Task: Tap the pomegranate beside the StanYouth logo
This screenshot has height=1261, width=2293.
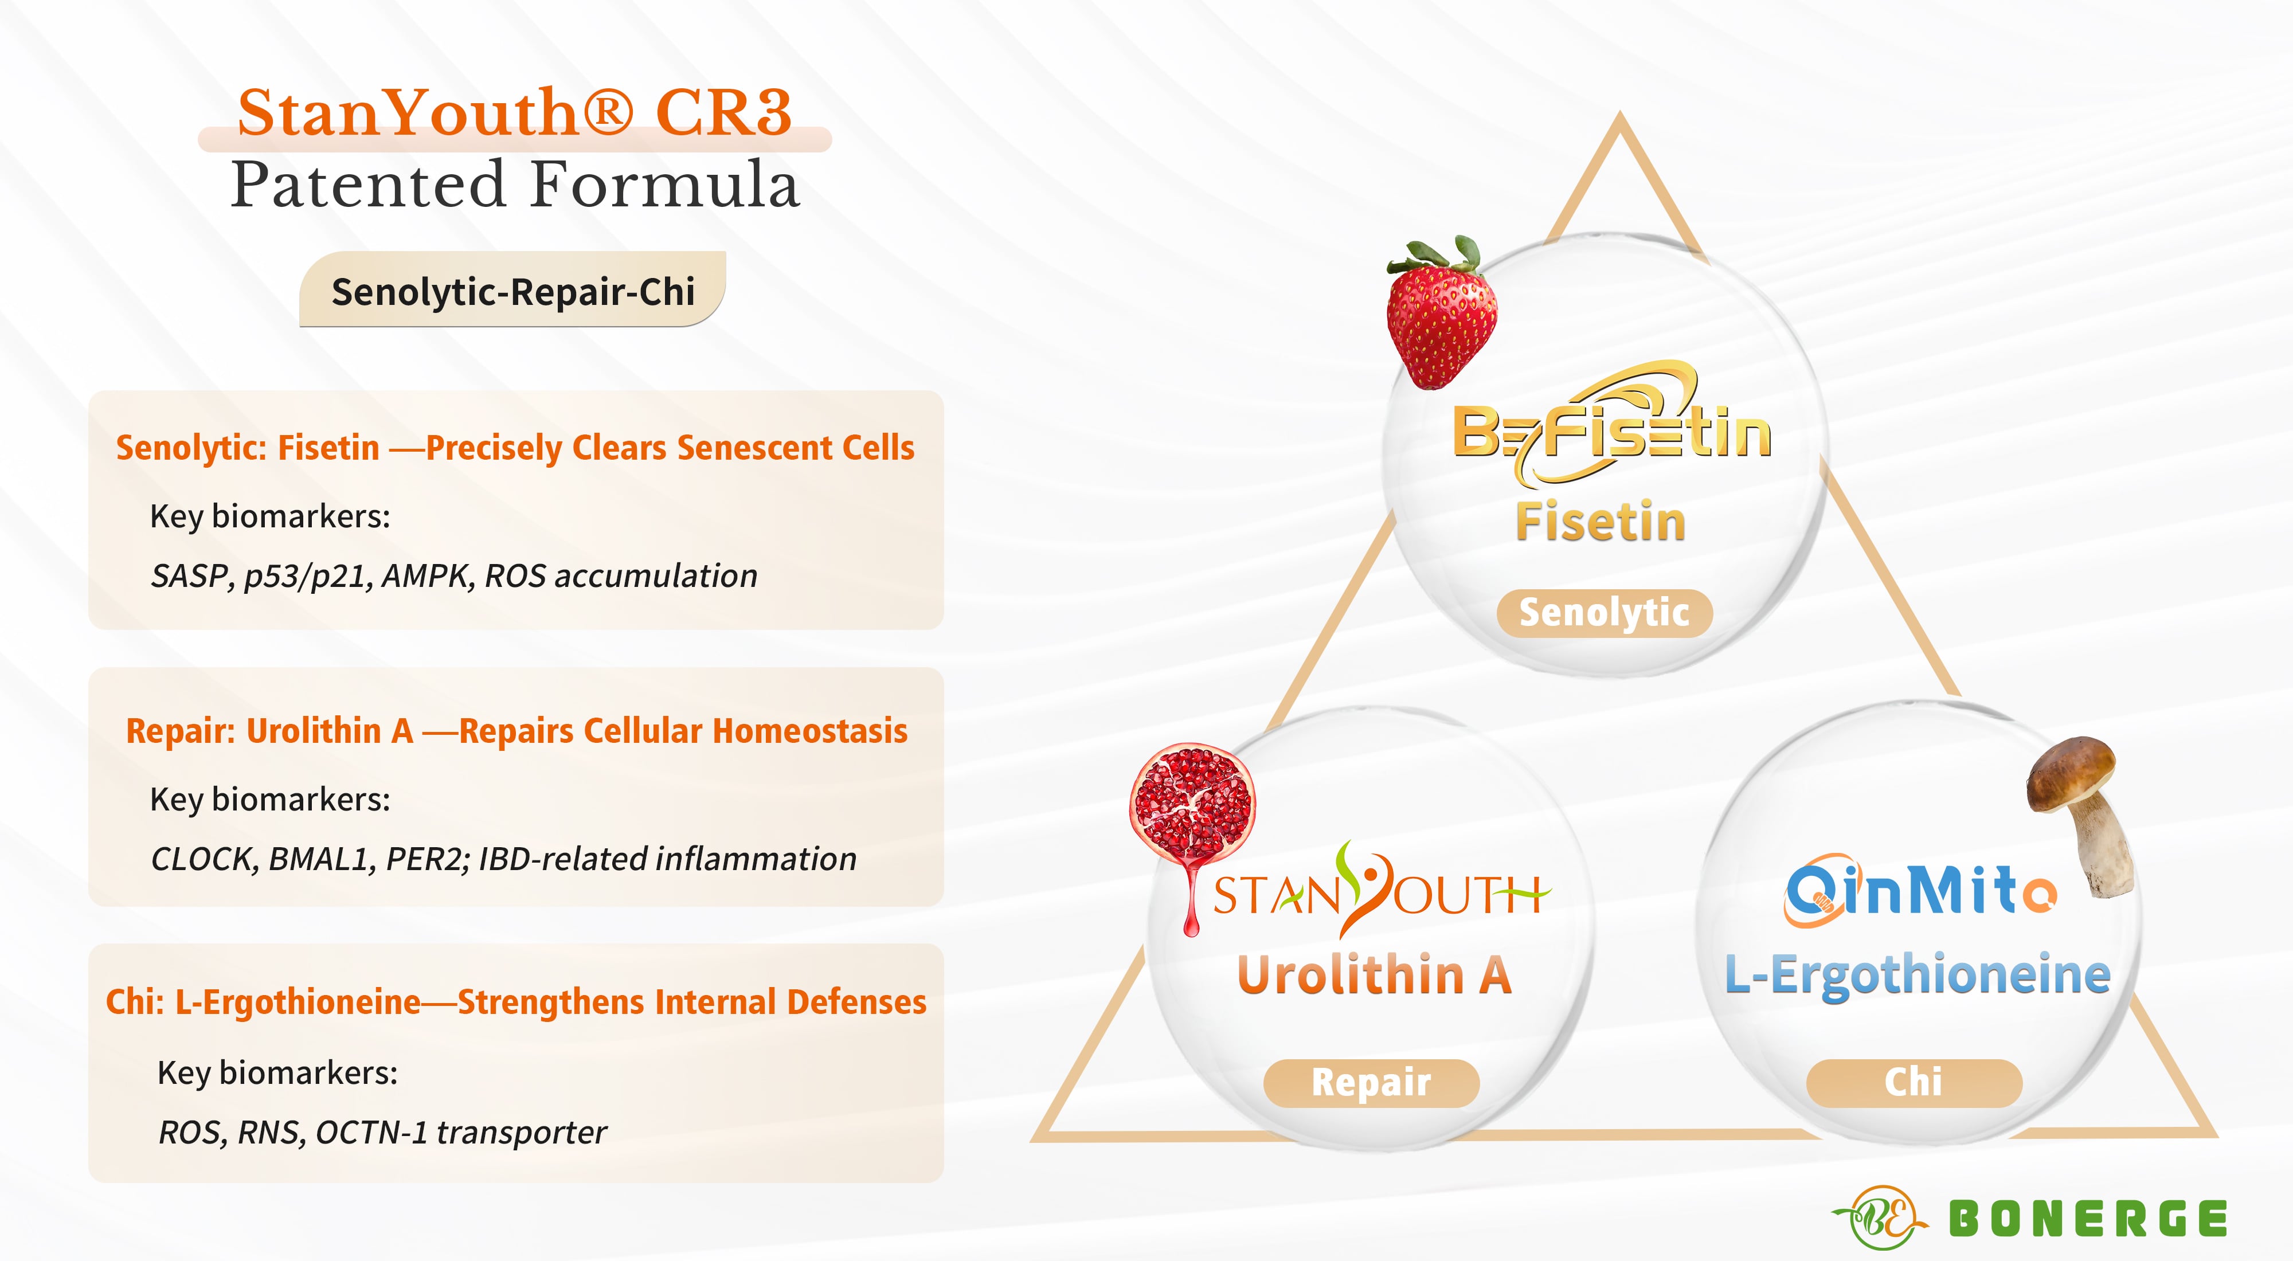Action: (x=1191, y=823)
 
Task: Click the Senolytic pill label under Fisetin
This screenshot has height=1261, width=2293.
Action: (x=1604, y=613)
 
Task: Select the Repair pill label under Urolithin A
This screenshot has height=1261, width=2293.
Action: (x=1371, y=1083)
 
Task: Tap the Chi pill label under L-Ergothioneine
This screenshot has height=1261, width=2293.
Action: (x=1914, y=1083)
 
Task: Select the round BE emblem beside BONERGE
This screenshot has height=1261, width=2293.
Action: (x=1881, y=1217)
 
